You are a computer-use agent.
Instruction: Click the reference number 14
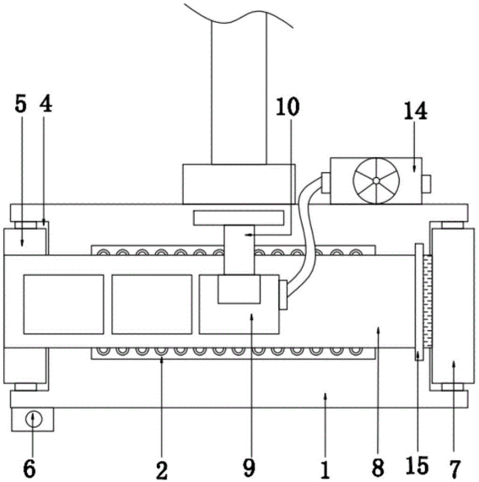(x=416, y=111)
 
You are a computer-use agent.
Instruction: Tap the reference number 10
(x=287, y=106)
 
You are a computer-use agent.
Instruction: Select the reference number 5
(x=21, y=104)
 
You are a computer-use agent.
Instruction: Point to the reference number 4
(x=46, y=104)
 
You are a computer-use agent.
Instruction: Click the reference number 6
(x=30, y=468)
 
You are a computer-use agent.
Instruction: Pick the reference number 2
(x=162, y=470)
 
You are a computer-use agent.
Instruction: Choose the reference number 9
(x=249, y=468)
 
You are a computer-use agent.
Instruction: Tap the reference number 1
(x=326, y=470)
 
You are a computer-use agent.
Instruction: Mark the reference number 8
(x=378, y=468)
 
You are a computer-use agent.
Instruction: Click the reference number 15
(x=417, y=465)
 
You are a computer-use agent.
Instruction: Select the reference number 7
(x=455, y=469)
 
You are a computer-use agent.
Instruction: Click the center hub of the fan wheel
(x=376, y=181)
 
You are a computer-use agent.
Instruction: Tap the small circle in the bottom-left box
(x=34, y=419)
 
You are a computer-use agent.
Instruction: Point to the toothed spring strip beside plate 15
(x=428, y=301)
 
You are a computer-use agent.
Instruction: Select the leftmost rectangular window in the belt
(x=63, y=305)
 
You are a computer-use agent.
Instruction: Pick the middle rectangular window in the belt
(x=152, y=305)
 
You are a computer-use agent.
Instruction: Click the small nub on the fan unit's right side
(x=426, y=183)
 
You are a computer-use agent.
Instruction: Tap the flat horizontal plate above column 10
(x=239, y=218)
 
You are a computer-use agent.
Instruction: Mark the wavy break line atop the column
(x=239, y=15)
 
